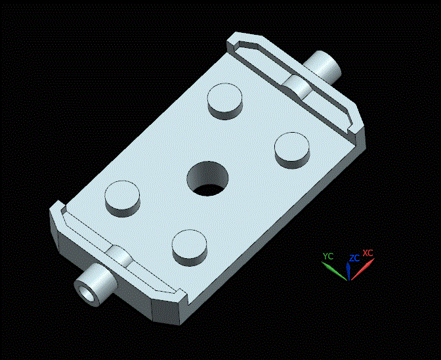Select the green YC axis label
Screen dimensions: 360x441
click(329, 256)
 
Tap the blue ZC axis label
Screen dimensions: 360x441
click(354, 258)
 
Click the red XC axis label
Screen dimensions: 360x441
click(367, 253)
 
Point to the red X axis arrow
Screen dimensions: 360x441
click(363, 269)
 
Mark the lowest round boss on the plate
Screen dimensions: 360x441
click(190, 246)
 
